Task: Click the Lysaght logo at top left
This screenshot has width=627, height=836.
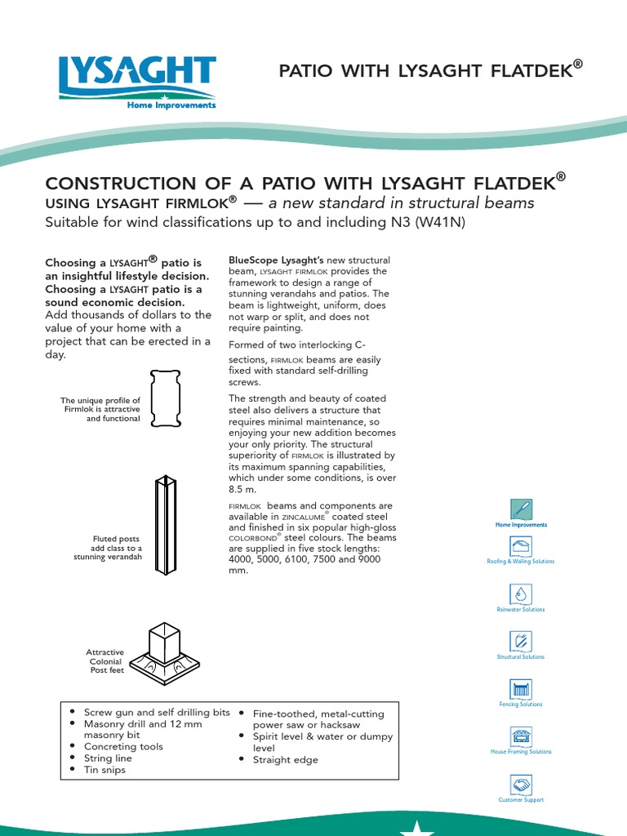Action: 137,82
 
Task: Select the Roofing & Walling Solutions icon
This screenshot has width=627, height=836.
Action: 521,546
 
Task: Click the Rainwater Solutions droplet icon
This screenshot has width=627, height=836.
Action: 521,594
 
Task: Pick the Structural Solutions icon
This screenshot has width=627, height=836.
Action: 521,641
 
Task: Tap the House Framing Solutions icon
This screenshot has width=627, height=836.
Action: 521,736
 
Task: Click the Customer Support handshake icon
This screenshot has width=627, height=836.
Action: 521,784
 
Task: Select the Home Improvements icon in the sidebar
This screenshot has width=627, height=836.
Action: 521,509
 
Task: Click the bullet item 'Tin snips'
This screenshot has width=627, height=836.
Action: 104,770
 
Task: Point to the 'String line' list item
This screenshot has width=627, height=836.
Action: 108,758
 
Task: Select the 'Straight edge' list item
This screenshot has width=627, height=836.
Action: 286,760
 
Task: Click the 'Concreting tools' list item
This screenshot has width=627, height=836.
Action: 123,747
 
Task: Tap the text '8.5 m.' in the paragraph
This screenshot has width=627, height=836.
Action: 242,489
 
